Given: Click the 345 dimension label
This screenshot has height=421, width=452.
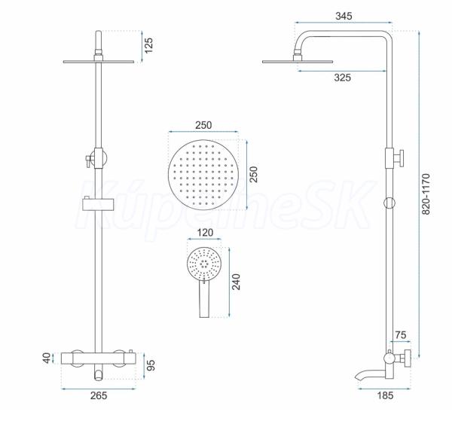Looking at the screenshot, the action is (344, 16).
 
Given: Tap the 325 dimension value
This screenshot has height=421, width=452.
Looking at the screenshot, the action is (343, 78).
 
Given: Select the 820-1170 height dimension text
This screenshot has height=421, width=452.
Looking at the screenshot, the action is (426, 194).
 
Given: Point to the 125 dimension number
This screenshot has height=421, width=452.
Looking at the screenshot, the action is (148, 45).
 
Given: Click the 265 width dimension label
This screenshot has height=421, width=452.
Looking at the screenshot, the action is (99, 395).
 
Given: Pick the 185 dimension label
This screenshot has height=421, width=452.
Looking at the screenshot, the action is (385, 395).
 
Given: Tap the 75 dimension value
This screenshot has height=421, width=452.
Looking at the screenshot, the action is (401, 335).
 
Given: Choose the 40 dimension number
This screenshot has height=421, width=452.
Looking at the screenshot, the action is (47, 358).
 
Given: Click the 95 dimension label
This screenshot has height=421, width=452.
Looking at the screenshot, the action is (151, 365).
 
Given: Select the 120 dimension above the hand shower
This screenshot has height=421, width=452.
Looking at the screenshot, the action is (205, 233).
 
